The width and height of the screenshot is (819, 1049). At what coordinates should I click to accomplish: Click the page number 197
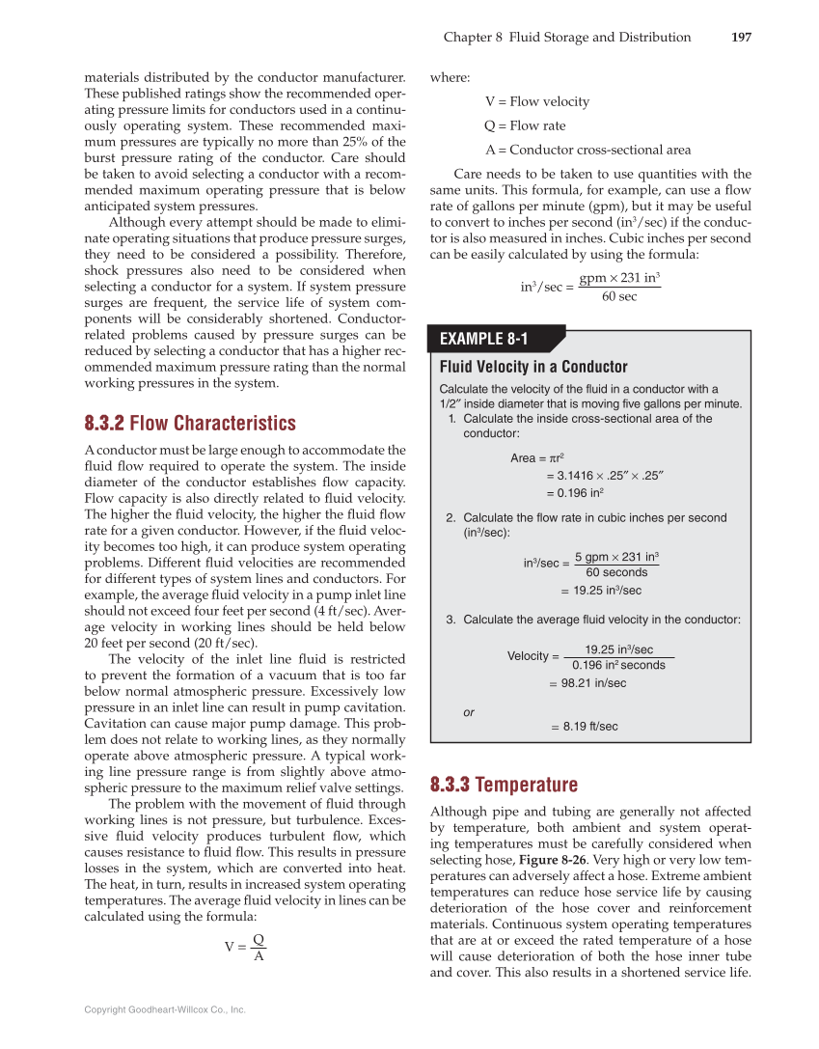[740, 38]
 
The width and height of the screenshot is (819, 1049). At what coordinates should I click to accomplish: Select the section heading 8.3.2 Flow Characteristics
[190, 424]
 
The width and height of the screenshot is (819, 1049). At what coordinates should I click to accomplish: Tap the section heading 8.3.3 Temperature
[504, 785]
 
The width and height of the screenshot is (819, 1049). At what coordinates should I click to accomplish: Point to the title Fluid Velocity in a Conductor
[533, 367]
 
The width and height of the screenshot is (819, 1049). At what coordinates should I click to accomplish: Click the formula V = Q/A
[245, 947]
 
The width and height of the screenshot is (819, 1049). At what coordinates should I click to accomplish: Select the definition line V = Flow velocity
[536, 101]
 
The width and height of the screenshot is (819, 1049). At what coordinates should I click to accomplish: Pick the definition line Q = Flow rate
[525, 125]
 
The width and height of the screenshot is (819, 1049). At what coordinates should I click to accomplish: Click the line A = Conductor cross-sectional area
[587, 150]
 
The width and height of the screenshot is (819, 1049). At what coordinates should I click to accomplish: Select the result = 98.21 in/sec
[587, 683]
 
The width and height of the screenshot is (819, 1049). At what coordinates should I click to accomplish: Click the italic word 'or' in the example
[469, 712]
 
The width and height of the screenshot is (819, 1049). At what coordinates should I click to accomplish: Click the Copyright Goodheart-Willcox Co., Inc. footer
[165, 1009]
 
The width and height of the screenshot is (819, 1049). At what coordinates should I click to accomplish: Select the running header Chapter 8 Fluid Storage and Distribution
[567, 38]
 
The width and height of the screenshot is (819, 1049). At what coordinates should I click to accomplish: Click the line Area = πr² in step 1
[536, 458]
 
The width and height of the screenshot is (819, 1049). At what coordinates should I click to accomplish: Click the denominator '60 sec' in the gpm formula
[618, 296]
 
